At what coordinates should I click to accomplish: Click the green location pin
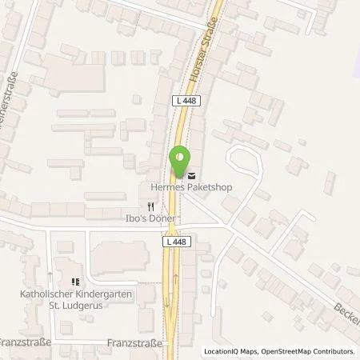point(181,159)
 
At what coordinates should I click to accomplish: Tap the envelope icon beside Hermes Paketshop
point(190,175)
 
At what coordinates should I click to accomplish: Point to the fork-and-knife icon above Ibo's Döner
point(150,206)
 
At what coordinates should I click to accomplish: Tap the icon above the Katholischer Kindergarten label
point(76,281)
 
